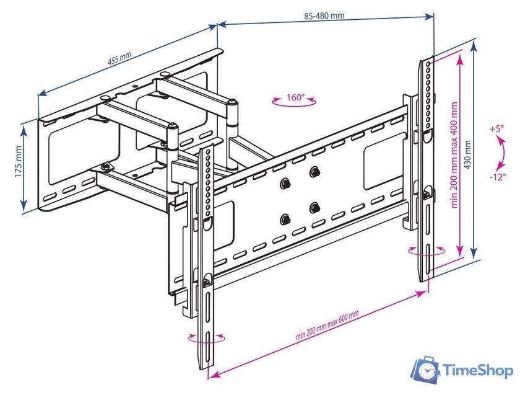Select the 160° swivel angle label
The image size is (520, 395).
(x=295, y=97)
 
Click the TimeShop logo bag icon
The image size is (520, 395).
(x=427, y=370)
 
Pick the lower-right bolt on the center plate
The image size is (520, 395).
(x=315, y=208)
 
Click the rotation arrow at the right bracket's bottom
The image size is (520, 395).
(x=427, y=251)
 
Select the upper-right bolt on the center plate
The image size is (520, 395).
(x=315, y=172)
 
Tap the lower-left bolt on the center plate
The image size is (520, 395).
(x=286, y=219)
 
